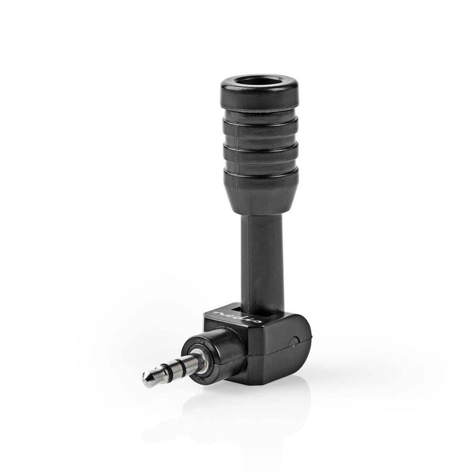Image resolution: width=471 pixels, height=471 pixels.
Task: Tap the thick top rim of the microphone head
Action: pyautogui.click(x=260, y=99)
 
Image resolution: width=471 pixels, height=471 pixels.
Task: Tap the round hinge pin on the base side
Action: pyautogui.click(x=293, y=341)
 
